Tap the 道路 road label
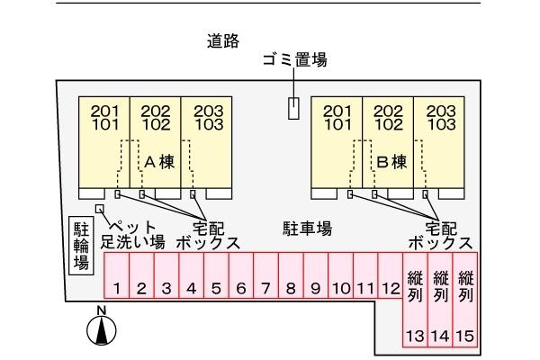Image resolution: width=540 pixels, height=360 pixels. (x=222, y=40)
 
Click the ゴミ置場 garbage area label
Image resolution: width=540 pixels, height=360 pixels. (x=293, y=60)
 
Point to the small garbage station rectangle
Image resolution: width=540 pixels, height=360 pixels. (x=293, y=108)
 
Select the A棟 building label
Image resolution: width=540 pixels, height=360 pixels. (x=158, y=162)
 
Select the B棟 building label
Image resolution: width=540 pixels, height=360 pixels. (x=391, y=162)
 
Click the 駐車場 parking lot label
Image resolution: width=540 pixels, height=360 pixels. (x=307, y=229)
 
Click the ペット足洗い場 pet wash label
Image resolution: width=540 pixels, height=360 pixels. (x=132, y=234)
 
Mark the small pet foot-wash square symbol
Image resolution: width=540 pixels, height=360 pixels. (x=99, y=210)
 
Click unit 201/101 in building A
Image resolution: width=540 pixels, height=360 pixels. (x=105, y=118)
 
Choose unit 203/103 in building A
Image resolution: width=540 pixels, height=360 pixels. (x=208, y=118)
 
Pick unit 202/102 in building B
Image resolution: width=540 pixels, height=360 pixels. (x=389, y=118)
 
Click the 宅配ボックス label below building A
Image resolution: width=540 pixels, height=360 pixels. (x=208, y=235)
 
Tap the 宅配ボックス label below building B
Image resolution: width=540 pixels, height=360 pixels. (x=440, y=235)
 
